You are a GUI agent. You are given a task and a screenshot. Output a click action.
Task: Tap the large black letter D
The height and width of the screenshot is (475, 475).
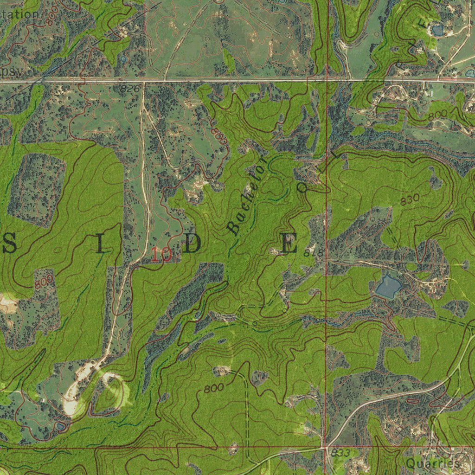192,244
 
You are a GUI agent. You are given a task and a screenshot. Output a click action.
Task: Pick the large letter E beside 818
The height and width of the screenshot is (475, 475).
289,244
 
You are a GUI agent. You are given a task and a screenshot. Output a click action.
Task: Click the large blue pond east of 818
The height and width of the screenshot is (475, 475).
388,287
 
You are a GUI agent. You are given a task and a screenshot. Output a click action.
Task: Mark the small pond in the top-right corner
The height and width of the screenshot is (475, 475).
436,31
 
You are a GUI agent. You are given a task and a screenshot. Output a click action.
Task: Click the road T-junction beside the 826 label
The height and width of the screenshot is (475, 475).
144,82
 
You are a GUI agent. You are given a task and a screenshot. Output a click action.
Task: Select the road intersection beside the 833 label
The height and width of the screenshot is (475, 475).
323,448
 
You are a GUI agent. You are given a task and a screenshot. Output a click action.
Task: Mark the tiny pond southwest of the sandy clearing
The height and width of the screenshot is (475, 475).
61,425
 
